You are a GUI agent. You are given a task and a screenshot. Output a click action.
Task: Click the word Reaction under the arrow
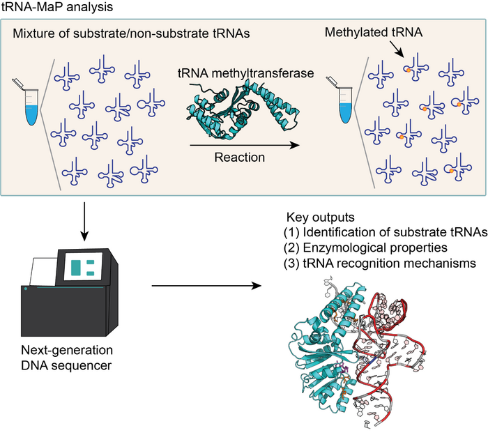point(238,158)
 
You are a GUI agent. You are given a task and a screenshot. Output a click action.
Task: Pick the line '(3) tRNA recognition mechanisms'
point(370,262)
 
